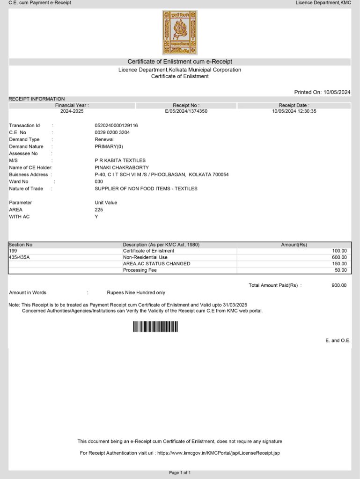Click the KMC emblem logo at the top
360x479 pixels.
(180, 33)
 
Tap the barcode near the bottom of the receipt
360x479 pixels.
(155, 327)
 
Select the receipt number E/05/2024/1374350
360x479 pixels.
(186, 111)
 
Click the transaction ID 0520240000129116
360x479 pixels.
(116, 125)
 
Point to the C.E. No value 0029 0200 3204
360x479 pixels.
(112, 132)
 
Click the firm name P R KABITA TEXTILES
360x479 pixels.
(120, 160)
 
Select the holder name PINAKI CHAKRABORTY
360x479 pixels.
(122, 167)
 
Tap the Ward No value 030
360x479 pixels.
(99, 181)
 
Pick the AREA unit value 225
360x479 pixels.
(99, 210)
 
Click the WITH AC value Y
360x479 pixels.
(96, 217)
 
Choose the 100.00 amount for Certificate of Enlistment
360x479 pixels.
(339, 251)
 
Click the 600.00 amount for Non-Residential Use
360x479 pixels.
(339, 257)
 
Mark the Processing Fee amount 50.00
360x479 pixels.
(341, 270)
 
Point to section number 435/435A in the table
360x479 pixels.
(19, 257)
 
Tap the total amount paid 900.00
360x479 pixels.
(339, 285)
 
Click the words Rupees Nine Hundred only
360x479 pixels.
(136, 293)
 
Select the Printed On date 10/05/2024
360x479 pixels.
(337, 92)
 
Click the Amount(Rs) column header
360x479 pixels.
(294, 245)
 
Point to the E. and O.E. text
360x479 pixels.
(338, 341)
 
